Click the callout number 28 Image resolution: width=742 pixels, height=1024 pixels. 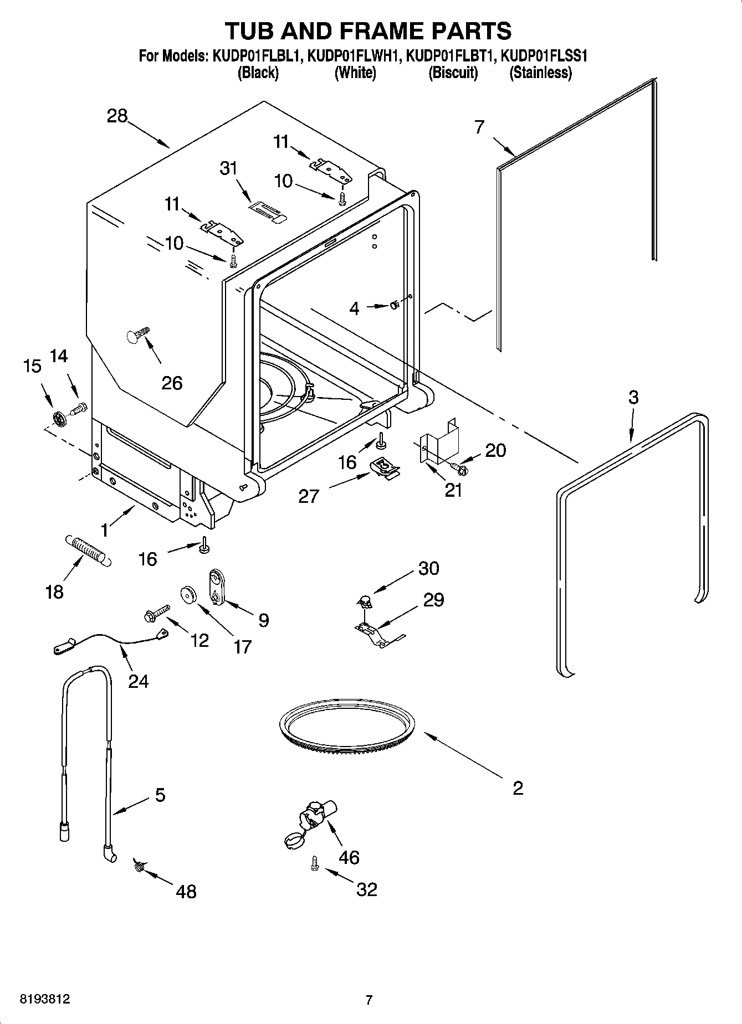point(117,116)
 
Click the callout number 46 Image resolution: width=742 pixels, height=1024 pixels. point(349,857)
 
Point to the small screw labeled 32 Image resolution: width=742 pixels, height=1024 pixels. point(315,863)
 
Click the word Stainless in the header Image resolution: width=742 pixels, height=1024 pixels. point(540,73)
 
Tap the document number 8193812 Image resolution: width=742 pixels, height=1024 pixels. point(45,1000)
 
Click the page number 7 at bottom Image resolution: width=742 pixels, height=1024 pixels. point(369,1000)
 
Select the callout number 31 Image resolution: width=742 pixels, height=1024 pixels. point(228,168)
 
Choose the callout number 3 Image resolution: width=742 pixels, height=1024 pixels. point(633,397)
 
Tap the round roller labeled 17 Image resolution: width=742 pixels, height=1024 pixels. point(189,595)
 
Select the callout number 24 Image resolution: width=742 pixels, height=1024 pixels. point(138,680)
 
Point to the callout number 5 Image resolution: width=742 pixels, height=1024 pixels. point(160,795)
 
